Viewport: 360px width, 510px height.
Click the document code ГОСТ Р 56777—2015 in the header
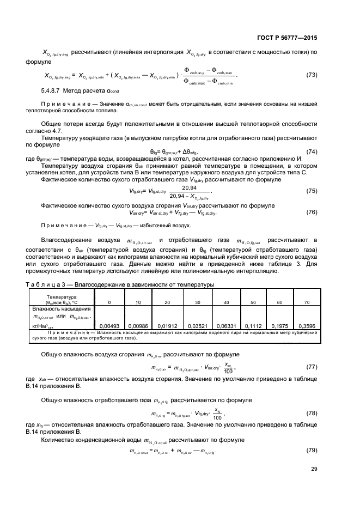(x=287, y=37)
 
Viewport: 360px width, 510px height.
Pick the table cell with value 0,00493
(x=109, y=326)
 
